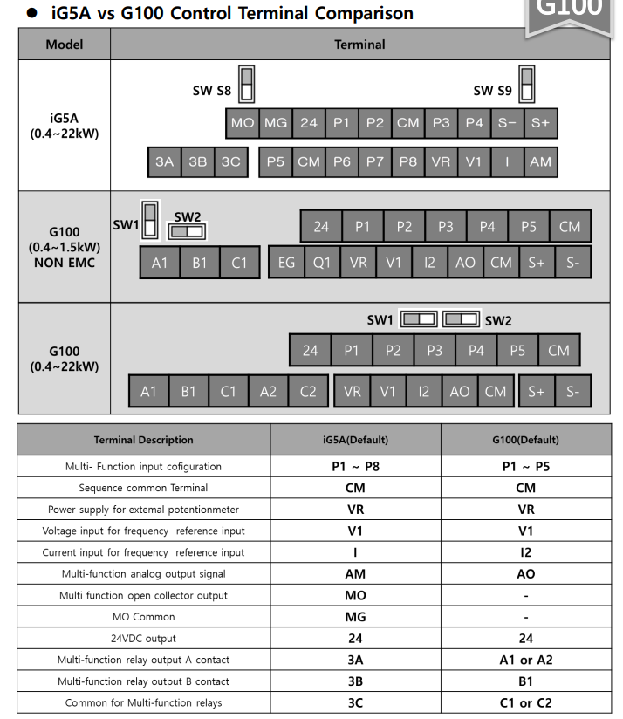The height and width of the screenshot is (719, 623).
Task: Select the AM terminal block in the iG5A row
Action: point(540,162)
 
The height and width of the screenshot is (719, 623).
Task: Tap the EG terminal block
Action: point(286,263)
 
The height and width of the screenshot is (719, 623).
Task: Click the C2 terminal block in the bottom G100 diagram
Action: point(308,392)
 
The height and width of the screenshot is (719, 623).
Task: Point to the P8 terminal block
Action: point(407,162)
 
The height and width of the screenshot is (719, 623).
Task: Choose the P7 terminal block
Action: point(374,162)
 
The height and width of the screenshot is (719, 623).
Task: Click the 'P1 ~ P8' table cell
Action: point(355,466)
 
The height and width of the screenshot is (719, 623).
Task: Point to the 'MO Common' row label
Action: point(145,617)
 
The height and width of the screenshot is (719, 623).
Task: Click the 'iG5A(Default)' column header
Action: point(355,440)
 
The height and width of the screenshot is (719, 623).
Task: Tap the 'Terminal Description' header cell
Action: point(145,440)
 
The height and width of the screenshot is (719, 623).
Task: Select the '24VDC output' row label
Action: point(145,639)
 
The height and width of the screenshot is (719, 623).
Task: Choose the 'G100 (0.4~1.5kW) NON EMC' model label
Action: point(65,247)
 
